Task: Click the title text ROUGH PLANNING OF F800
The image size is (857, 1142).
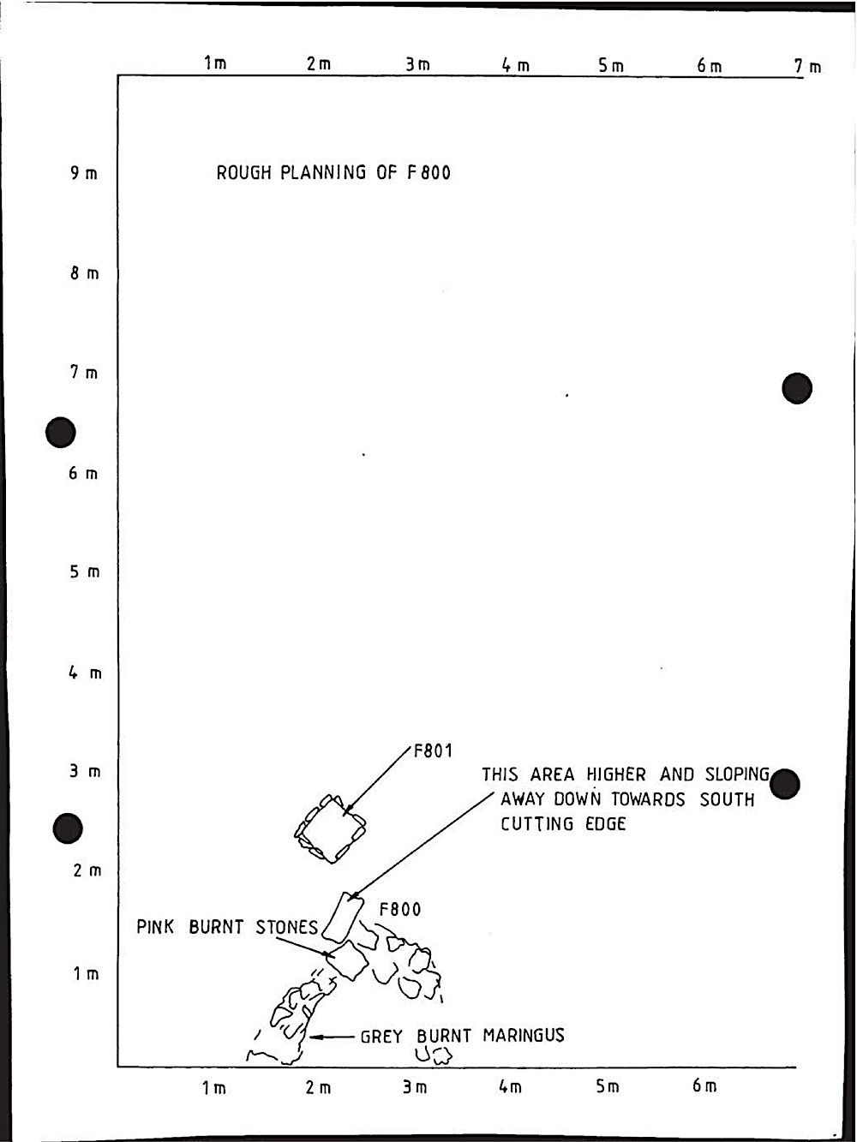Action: tap(333, 173)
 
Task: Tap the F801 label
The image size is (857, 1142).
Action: tap(433, 751)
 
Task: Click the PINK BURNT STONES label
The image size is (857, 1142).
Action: tap(227, 928)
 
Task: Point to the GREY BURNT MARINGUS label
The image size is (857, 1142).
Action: tap(462, 1036)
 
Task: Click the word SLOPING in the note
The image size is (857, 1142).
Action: tap(738, 774)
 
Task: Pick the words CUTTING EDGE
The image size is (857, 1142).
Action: tap(563, 824)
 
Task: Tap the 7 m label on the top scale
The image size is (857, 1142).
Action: tap(807, 66)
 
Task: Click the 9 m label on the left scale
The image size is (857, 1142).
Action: tap(84, 174)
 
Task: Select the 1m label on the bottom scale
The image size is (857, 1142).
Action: tap(214, 1088)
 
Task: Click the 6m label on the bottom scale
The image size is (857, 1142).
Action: tap(704, 1086)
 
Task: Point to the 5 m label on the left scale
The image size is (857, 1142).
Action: tap(85, 572)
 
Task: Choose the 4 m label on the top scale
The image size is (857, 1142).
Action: tap(516, 65)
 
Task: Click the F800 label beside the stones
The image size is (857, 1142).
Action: tap(400, 909)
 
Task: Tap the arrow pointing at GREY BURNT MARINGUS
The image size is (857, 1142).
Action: tap(332, 1037)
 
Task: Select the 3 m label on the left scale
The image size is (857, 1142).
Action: tap(85, 772)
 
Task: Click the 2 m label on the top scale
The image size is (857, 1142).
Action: tap(319, 64)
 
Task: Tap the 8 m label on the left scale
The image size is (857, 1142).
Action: tap(85, 274)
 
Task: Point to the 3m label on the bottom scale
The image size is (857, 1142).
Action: tap(416, 1087)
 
